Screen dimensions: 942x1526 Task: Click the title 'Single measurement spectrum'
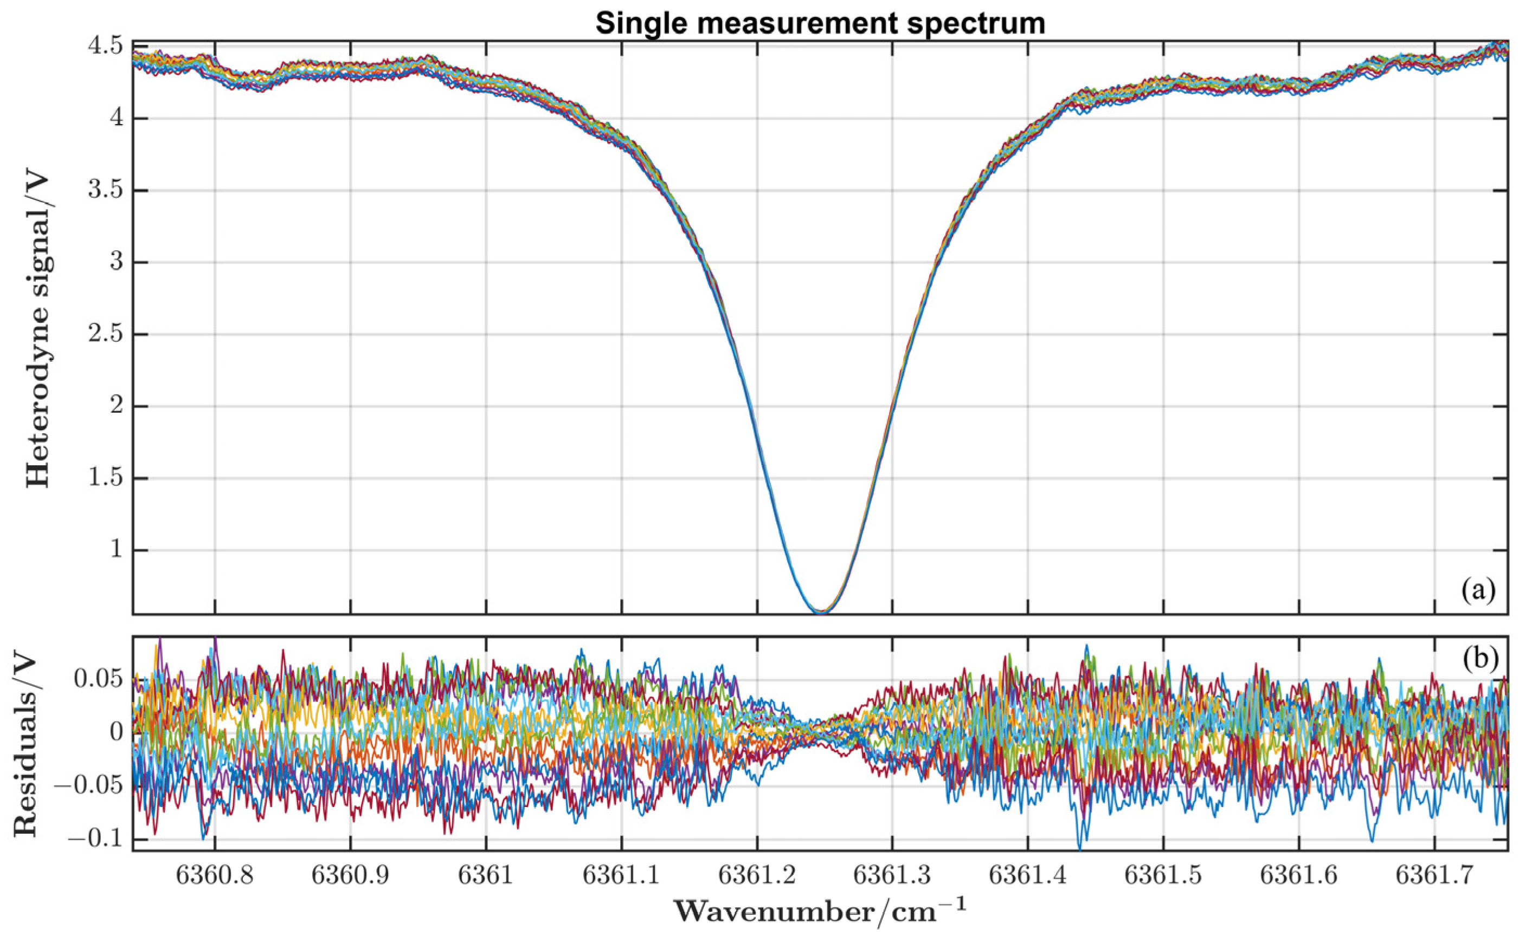click(x=820, y=23)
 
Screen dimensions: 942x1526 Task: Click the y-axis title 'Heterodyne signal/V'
click(x=38, y=330)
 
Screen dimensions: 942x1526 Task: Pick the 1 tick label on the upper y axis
click(x=116, y=551)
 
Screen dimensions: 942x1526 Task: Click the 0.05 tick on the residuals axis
click(x=98, y=680)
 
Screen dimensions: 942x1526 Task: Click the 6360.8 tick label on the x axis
click(x=215, y=875)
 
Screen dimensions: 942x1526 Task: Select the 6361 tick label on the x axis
click(x=486, y=875)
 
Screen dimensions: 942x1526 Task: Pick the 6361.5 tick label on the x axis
click(x=1163, y=875)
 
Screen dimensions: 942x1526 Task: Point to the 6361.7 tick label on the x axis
click(x=1433, y=875)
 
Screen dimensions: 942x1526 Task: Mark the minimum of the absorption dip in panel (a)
click(x=822, y=612)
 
